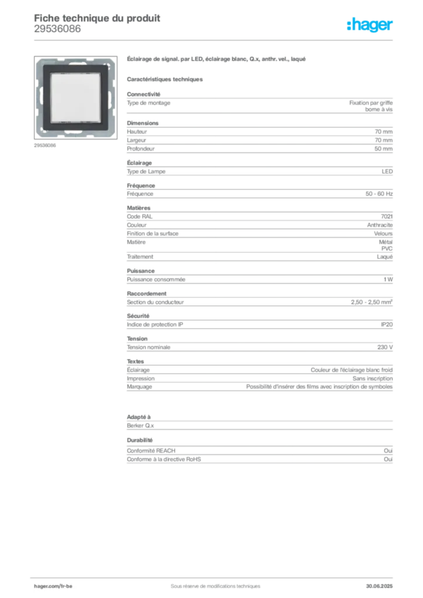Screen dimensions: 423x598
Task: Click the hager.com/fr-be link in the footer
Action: [x=52, y=585]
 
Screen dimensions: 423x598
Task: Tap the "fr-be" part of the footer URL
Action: [x=66, y=585]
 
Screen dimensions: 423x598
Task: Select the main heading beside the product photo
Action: [x=217, y=60]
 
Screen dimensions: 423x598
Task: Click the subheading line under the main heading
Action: [x=165, y=78]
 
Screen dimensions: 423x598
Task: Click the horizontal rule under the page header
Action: [x=215, y=40]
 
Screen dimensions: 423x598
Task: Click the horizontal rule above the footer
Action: [x=215, y=576]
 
